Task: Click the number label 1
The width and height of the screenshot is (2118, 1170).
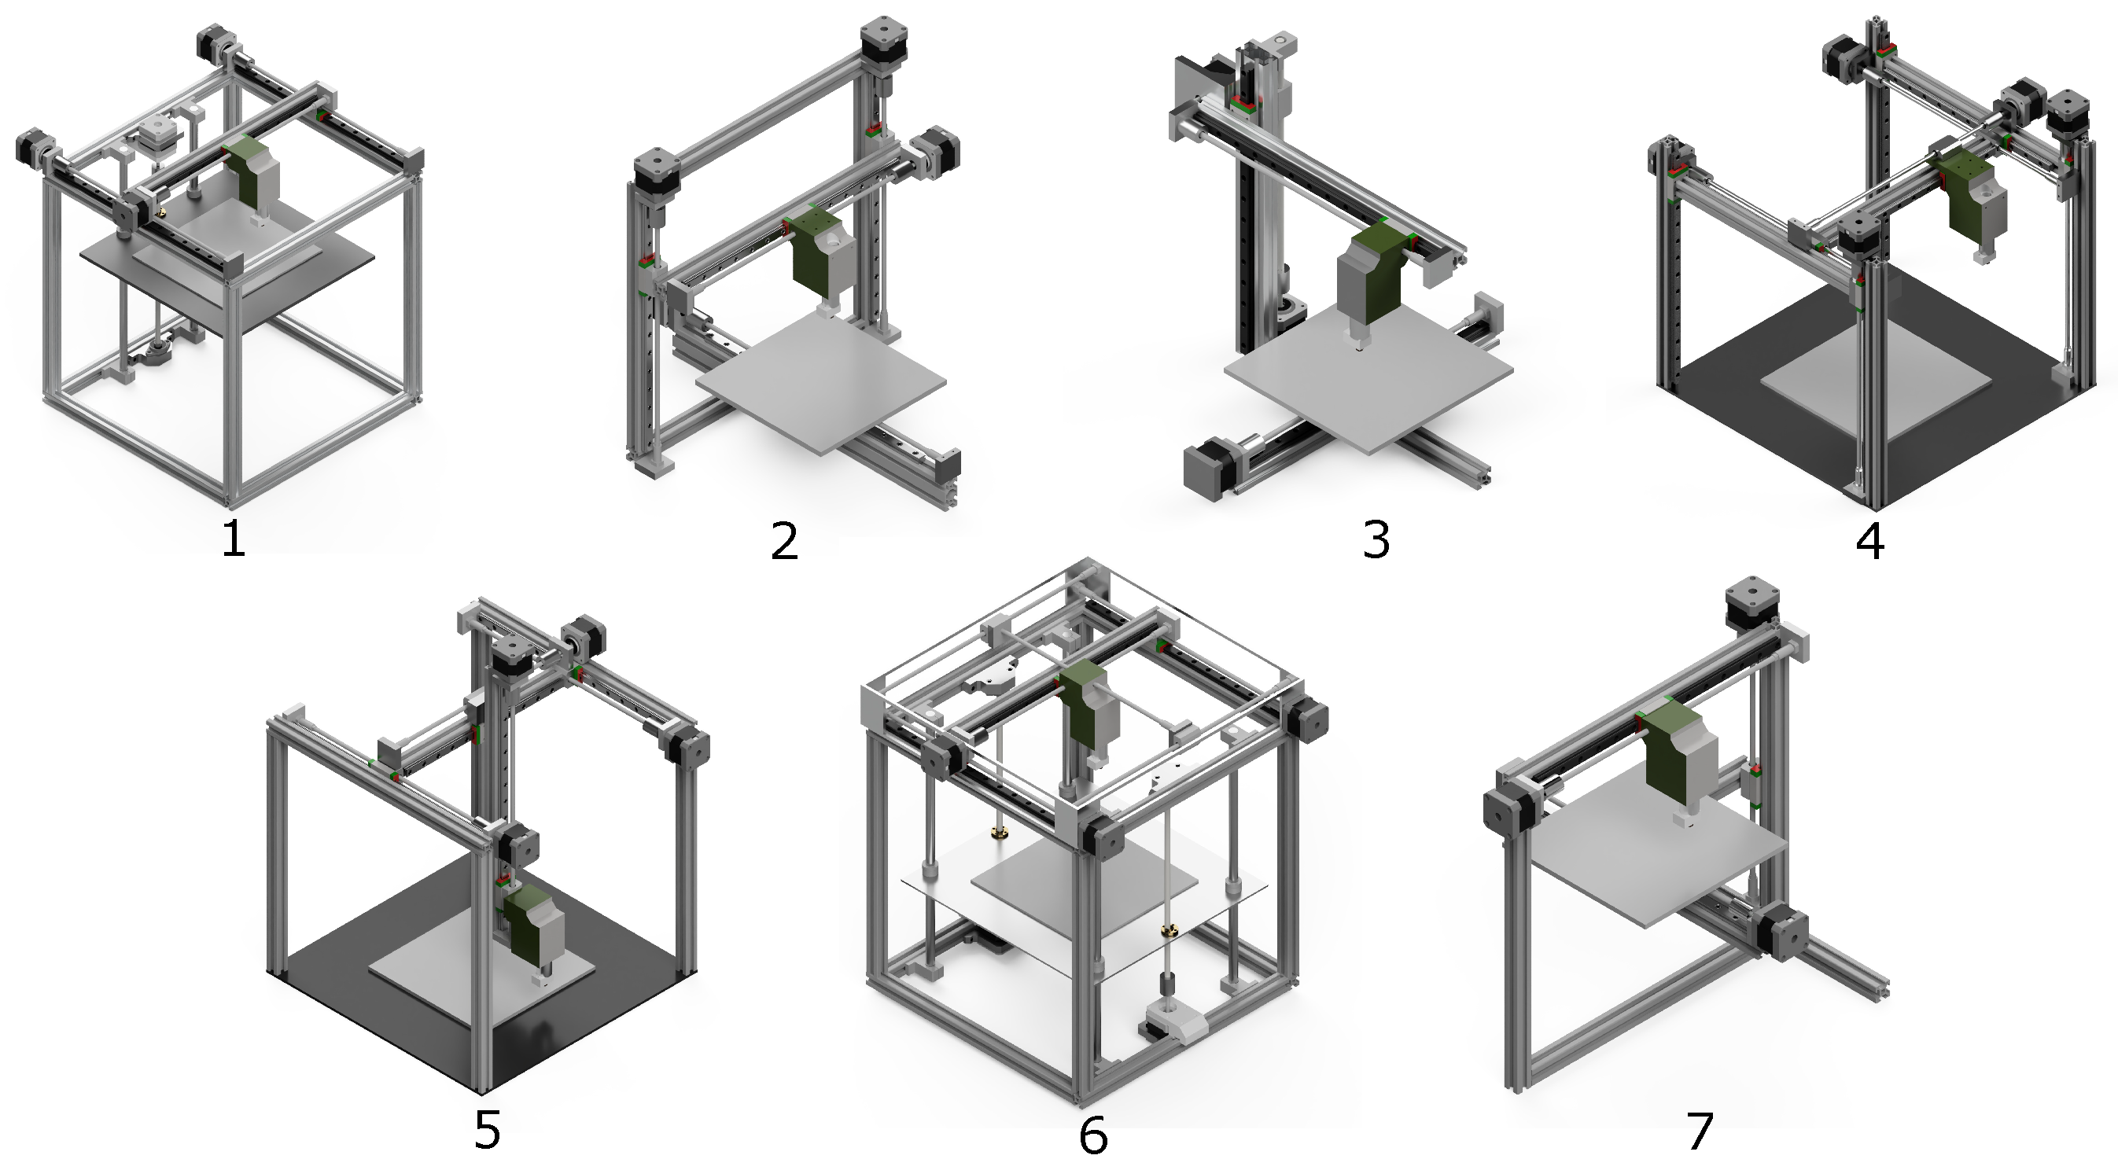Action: click(x=234, y=539)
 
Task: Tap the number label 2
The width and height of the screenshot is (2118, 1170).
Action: click(x=784, y=541)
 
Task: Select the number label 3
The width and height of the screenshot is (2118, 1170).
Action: click(x=1376, y=539)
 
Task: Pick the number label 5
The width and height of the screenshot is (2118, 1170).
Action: click(x=488, y=1131)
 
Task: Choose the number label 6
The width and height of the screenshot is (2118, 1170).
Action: click(x=1093, y=1135)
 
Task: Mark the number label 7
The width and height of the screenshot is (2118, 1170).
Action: click(x=1700, y=1131)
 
